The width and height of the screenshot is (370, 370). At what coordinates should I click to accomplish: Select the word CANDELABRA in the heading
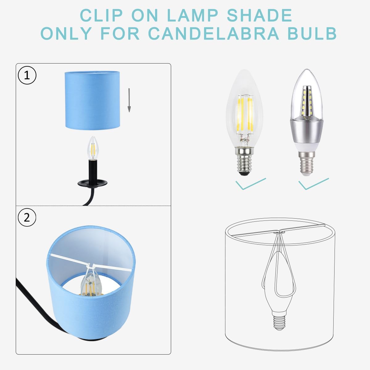point(214,34)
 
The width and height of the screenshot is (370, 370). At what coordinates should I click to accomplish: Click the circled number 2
point(27,218)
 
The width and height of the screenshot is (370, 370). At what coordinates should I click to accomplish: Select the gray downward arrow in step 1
point(129,100)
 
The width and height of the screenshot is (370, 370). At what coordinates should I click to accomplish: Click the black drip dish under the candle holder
point(92,183)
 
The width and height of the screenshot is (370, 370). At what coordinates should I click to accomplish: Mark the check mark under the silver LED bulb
point(313,184)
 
